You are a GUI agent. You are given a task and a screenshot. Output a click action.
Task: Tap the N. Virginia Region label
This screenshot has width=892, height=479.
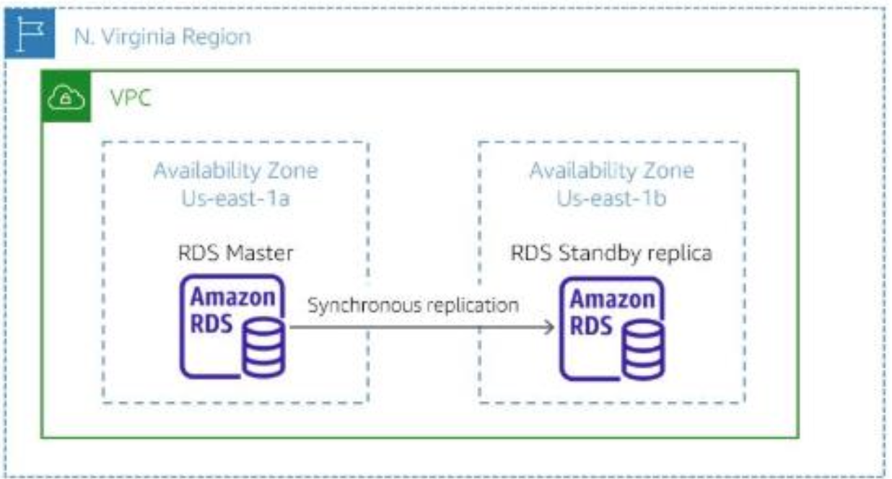[x=162, y=37]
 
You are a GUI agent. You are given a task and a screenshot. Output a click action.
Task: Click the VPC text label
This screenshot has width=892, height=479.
[x=131, y=97]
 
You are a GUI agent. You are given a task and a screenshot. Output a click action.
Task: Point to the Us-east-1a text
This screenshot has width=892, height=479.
[x=235, y=198]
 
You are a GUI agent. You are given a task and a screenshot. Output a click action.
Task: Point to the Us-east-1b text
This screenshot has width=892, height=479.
[x=611, y=198]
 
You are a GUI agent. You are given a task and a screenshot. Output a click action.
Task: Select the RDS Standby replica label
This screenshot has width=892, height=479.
[x=611, y=253]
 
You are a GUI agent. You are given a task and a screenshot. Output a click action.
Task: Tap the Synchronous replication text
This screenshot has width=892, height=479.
[x=413, y=305]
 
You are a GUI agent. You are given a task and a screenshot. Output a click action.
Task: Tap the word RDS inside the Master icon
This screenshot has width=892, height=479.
[x=211, y=324]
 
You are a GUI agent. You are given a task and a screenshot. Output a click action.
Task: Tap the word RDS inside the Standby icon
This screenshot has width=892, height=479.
[x=590, y=325]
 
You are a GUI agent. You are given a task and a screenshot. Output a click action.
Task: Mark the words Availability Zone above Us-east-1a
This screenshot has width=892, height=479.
[x=235, y=171]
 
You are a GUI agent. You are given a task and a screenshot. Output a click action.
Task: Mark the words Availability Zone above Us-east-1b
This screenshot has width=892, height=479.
[x=611, y=171]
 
